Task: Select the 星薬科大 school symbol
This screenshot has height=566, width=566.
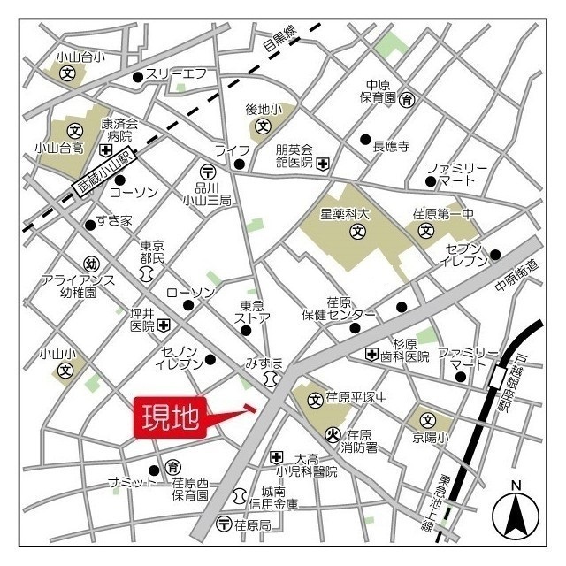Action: pyautogui.click(x=357, y=233)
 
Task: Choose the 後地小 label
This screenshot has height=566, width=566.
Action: pyautogui.click(x=263, y=110)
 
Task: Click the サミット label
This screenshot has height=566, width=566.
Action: pyautogui.click(x=131, y=482)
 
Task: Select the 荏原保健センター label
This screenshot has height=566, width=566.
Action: pyautogui.click(x=339, y=307)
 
